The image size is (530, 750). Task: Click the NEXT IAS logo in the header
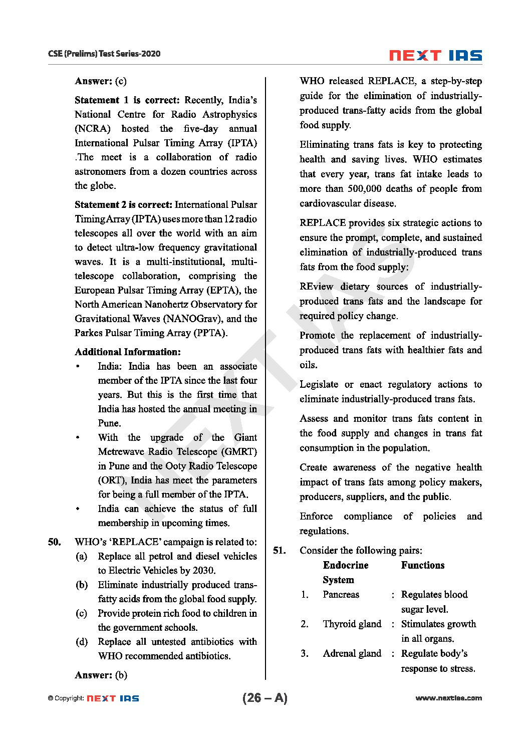(x=435, y=55)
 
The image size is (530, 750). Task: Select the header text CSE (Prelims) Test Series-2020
(x=104, y=54)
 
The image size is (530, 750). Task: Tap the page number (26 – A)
(x=264, y=698)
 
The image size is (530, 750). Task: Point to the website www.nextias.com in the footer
(x=448, y=698)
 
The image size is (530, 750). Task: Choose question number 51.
(x=279, y=551)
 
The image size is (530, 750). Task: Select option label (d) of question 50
(x=81, y=642)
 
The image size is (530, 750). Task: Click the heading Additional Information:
(x=128, y=352)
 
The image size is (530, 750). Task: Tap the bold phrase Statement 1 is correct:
(x=127, y=100)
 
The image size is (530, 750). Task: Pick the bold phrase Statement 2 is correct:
(x=123, y=204)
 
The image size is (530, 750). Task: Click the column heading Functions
(x=422, y=565)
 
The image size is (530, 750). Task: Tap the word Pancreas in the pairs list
(x=341, y=595)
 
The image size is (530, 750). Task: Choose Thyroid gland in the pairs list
(x=352, y=624)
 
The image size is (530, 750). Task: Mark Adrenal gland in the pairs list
(x=352, y=653)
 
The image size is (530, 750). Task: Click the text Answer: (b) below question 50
(x=101, y=675)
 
